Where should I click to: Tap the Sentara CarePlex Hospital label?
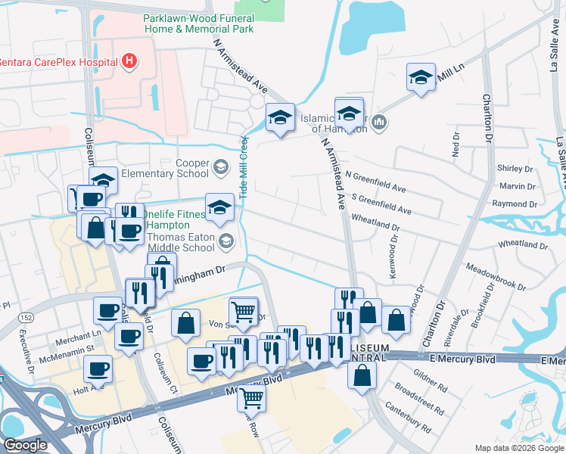point(57,61)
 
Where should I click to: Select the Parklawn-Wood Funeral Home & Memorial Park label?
point(199,23)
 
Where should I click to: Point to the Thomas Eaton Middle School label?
point(181,241)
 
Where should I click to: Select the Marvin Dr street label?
point(518,186)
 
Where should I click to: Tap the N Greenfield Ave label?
point(375,181)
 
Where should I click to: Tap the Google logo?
point(25,445)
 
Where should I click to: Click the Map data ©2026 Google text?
point(519,448)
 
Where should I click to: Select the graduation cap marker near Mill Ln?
point(421,77)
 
